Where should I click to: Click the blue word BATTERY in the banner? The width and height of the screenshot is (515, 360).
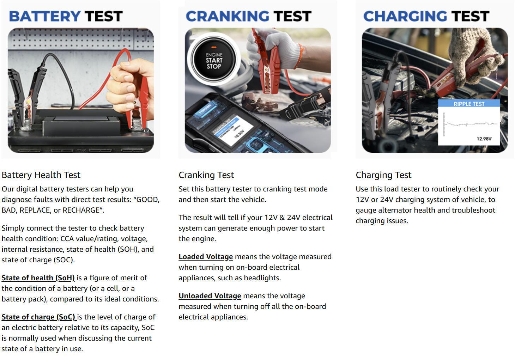(x=45, y=16)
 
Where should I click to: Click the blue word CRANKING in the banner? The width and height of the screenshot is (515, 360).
(x=227, y=16)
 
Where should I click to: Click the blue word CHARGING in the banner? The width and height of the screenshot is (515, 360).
(x=405, y=16)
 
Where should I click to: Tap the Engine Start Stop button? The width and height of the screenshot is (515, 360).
(x=214, y=61)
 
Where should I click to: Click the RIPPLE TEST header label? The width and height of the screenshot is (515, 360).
(x=469, y=104)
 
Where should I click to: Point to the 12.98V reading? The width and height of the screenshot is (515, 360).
(x=484, y=139)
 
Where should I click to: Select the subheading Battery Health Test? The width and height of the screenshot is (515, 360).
(x=41, y=175)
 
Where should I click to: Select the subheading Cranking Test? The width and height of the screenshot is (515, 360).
(x=206, y=175)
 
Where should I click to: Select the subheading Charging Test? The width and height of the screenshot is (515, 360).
(x=383, y=175)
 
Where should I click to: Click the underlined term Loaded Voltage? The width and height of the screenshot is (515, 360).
(x=206, y=257)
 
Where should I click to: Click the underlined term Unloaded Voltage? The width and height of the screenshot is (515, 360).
(x=210, y=296)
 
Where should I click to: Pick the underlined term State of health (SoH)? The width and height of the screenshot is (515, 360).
(x=38, y=278)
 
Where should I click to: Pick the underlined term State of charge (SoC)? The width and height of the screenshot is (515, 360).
(x=39, y=317)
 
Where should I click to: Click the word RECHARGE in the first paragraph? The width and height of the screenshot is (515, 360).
(x=81, y=210)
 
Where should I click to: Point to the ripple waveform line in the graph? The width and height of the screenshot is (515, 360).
(x=469, y=124)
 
